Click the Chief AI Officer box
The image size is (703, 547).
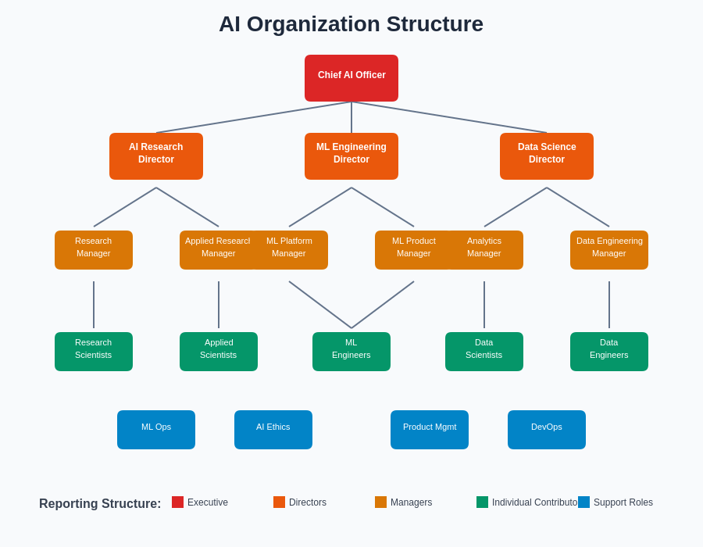pyautogui.click(x=351, y=78)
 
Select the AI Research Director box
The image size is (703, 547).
pyautogui.click(x=156, y=156)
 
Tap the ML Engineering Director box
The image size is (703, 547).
pyautogui.click(x=351, y=156)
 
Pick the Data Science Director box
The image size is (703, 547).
pyautogui.click(x=547, y=156)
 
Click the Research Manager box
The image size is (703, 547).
pyautogui.click(x=94, y=250)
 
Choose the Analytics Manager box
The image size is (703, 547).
pyautogui.click(x=488, y=250)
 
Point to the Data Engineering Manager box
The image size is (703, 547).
pyautogui.click(x=609, y=250)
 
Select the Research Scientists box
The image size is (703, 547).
pyautogui.click(x=94, y=352)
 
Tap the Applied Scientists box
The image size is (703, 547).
pyautogui.click(x=219, y=352)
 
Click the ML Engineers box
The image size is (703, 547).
pyautogui.click(x=351, y=352)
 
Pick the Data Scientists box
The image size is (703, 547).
pyautogui.click(x=484, y=352)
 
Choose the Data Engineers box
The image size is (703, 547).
pyautogui.click(x=609, y=352)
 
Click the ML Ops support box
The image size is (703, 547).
pyautogui.click(x=156, y=430)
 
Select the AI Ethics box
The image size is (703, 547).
pyautogui.click(x=273, y=430)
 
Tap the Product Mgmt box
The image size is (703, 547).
pyautogui.click(x=430, y=430)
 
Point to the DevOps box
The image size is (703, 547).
pyautogui.click(x=547, y=430)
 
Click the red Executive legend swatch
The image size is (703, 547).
pyautogui.click(x=177, y=502)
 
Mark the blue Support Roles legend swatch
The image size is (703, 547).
pyautogui.click(x=583, y=502)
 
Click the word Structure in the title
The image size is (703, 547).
pyautogui.click(x=433, y=24)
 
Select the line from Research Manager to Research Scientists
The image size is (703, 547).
pyautogui.click(x=94, y=305)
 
